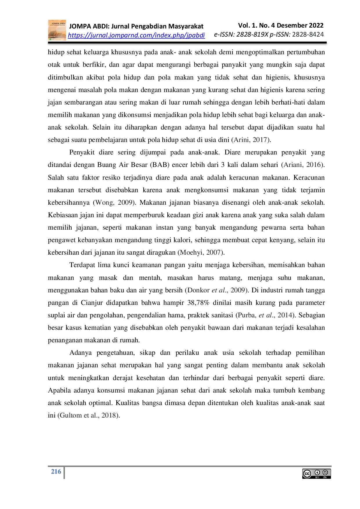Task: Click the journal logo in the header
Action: click(57, 30)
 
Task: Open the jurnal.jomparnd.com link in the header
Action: click(136, 35)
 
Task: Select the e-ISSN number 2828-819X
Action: click(252, 35)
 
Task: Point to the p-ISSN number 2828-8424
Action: click(308, 35)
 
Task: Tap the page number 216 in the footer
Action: click(56, 472)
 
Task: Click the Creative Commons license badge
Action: click(316, 474)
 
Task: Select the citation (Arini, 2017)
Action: click(251, 140)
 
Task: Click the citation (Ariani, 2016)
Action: click(303, 165)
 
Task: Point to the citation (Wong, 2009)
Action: click(114, 203)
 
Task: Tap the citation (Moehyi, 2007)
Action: click(201, 253)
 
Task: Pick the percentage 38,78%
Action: click(198, 303)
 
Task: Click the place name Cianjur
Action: click(92, 303)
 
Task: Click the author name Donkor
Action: click(198, 290)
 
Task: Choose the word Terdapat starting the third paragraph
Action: click(82, 265)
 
